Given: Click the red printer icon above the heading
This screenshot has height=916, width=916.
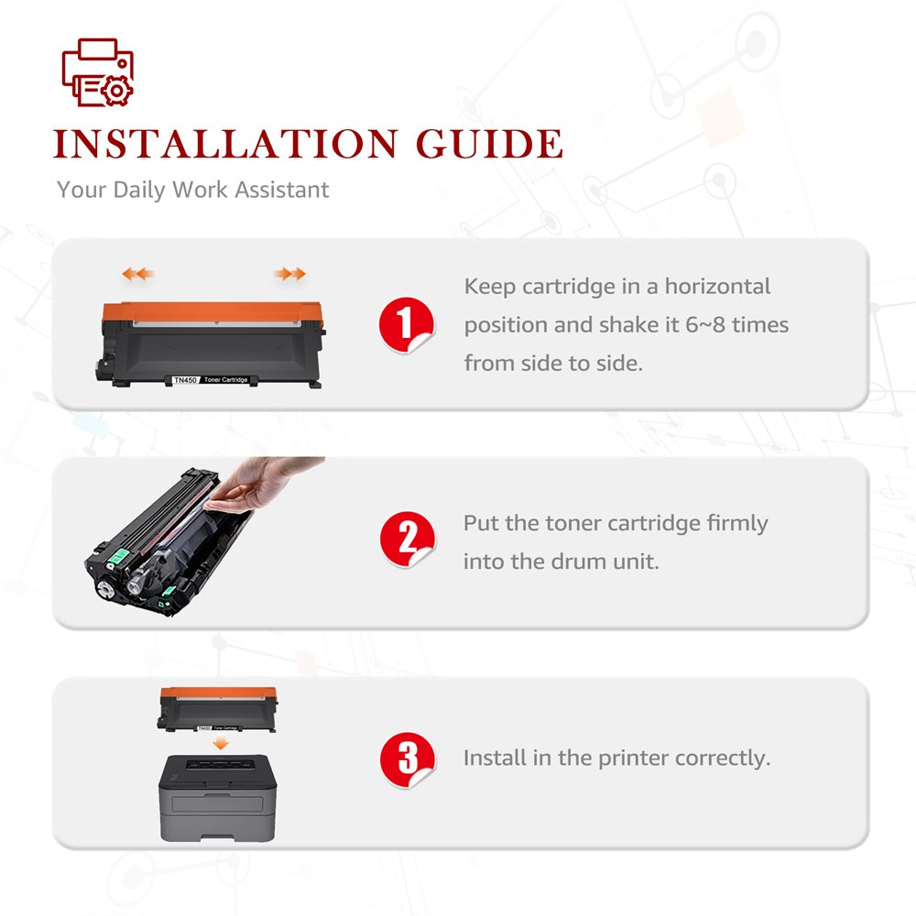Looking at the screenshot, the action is [x=98, y=72].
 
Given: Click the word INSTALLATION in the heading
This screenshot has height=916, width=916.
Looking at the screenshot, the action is [x=225, y=145].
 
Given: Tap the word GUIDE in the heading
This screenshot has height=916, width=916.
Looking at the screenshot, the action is [x=489, y=145].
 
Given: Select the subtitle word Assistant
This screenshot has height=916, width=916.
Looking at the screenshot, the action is [x=281, y=190].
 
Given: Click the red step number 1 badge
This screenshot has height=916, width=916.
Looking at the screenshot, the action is [x=406, y=324].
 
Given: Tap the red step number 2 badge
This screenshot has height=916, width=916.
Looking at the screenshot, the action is [x=408, y=540].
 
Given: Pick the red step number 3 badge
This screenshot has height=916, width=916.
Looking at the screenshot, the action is [x=408, y=759].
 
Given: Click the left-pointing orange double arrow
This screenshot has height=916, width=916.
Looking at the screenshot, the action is [x=138, y=273].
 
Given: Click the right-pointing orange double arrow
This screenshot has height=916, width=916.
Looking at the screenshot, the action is [x=289, y=273].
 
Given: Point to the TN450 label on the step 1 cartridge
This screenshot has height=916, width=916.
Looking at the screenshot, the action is [x=185, y=380].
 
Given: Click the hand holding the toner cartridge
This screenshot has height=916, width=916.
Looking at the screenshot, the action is [x=263, y=484].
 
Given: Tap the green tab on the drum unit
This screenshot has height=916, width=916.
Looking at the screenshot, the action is [x=117, y=557].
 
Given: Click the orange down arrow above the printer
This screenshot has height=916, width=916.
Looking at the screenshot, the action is [x=220, y=743].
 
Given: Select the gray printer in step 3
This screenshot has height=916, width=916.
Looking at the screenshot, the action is [x=217, y=798].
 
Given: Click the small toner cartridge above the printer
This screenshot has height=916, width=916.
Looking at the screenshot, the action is [x=217, y=709].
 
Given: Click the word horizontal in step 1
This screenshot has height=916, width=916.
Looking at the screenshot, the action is [x=717, y=286].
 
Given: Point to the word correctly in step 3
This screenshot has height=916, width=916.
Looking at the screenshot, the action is [x=723, y=758].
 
